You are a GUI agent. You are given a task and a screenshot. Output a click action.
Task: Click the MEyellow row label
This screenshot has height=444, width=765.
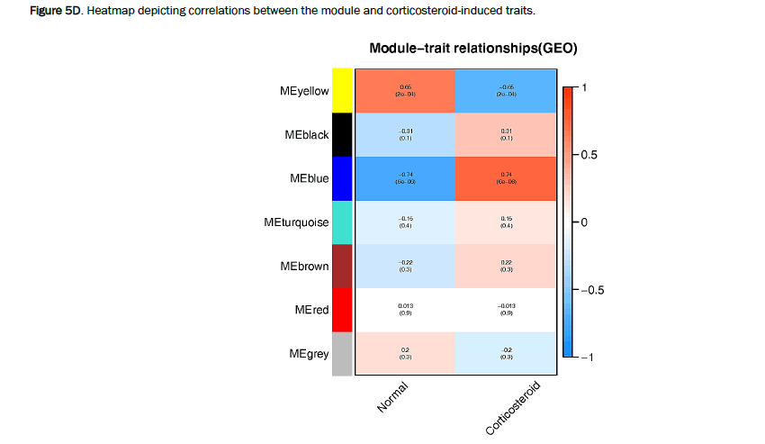pos(303,91)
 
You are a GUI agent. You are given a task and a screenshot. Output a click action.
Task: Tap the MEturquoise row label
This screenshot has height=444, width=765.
pos(297,222)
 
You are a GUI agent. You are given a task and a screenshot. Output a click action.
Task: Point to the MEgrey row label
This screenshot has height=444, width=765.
pos(308,354)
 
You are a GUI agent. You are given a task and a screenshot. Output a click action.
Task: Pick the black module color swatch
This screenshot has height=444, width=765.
pos(342,134)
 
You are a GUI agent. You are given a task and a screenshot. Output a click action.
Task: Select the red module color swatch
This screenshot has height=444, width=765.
pos(342,310)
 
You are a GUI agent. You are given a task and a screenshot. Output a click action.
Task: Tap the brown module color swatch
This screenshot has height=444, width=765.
pos(342,266)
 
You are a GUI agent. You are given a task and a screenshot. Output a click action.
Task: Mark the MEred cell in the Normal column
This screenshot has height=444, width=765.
pos(405,310)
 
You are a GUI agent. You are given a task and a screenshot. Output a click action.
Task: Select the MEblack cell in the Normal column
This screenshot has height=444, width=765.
pos(405,134)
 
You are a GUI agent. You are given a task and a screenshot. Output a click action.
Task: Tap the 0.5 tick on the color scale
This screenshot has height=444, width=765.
pos(589,155)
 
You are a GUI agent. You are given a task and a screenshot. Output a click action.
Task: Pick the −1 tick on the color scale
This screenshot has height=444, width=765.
pos(588,358)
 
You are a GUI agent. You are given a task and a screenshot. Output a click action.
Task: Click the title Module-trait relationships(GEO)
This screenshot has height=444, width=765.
pos(472,48)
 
